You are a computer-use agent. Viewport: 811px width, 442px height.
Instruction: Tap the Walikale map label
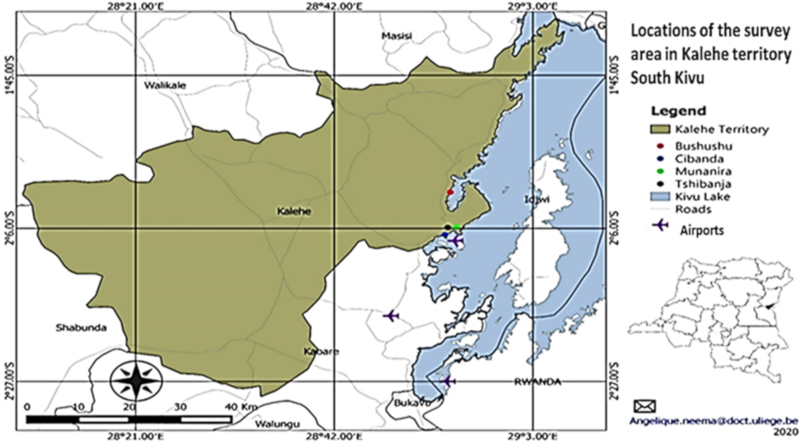pyautogui.click(x=165, y=85)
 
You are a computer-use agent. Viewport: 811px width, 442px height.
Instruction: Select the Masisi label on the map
pyautogui.click(x=397, y=36)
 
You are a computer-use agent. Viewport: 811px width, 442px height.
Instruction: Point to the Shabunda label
pyautogui.click(x=81, y=328)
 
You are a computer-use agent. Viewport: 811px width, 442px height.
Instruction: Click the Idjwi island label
pyautogui.click(x=537, y=199)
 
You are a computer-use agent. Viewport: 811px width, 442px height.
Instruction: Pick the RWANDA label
pyautogui.click(x=538, y=382)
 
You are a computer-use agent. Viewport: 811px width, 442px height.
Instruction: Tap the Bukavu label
pyautogui.click(x=412, y=403)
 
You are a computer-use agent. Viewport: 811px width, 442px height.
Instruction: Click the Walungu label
pyautogui.click(x=277, y=424)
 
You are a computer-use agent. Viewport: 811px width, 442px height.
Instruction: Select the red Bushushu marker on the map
pyautogui.click(x=450, y=192)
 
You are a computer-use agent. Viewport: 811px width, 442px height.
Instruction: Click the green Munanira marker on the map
pyautogui.click(x=457, y=226)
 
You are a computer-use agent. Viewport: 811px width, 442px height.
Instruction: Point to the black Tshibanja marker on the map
pyautogui.click(x=447, y=227)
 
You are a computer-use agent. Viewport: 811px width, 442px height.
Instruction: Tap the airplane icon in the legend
pyautogui.click(x=661, y=225)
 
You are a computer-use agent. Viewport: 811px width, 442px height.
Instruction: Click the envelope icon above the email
pyautogui.click(x=645, y=406)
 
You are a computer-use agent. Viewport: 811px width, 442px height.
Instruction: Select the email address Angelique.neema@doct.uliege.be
pyautogui.click(x=714, y=421)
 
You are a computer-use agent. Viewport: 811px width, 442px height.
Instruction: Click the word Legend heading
pyautogui.click(x=678, y=111)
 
